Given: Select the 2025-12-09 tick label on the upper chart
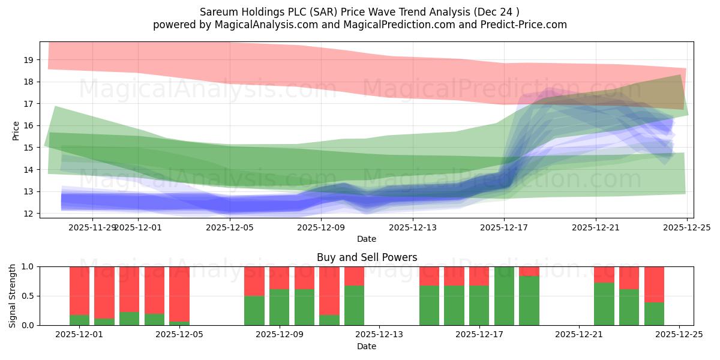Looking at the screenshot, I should coord(322,227).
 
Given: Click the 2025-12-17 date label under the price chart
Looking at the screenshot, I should coord(504,227).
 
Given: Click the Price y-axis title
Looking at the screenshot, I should coord(16,130).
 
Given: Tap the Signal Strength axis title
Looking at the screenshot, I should coord(13,296).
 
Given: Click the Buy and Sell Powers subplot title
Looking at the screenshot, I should coord(367,257).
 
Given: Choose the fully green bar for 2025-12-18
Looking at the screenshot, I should coord(504,296).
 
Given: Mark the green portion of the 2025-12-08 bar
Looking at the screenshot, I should coord(254,310).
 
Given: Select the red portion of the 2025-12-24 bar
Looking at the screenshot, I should coord(654,284).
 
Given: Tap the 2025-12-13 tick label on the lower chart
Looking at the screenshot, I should coord(379,335).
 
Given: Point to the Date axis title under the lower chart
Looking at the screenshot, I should coord(367,346).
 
